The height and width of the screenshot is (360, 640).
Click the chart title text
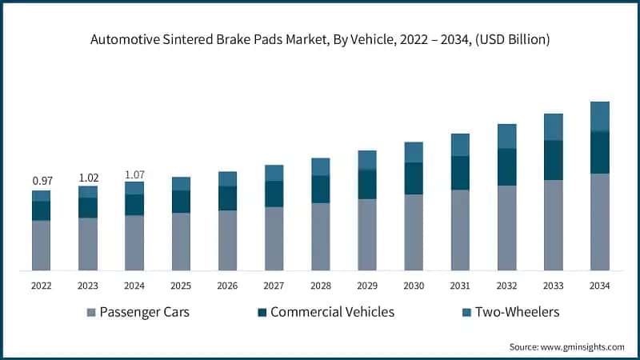320,38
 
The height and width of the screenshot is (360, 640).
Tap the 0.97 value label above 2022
42,181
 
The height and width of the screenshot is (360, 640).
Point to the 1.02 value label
88,178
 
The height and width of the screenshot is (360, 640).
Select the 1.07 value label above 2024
134,174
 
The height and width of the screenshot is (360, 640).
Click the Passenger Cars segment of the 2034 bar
599,222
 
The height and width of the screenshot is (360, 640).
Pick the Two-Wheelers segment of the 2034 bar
599,117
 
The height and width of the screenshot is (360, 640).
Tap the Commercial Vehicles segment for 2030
414,178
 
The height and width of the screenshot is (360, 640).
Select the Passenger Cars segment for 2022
42,245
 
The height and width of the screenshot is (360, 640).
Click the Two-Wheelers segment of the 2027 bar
274,173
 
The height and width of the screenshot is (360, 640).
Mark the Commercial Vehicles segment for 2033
553,160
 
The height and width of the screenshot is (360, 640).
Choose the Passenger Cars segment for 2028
321,236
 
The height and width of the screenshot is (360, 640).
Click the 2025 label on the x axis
181,286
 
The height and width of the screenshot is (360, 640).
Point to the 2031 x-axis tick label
460,286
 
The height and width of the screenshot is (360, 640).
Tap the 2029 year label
367,286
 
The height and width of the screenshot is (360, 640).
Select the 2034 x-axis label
599,286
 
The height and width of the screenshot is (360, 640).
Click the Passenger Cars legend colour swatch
91,312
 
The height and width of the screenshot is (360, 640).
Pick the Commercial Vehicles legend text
332,312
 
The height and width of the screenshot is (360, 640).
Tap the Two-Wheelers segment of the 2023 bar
88,192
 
